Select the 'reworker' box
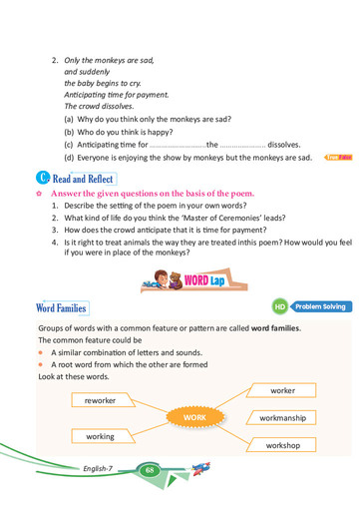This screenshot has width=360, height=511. (100, 399)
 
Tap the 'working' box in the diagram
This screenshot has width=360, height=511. (100, 436)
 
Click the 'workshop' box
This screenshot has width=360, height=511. (283, 445)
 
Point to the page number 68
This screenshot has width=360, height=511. (151, 469)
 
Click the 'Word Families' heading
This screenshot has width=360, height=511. (62, 308)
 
